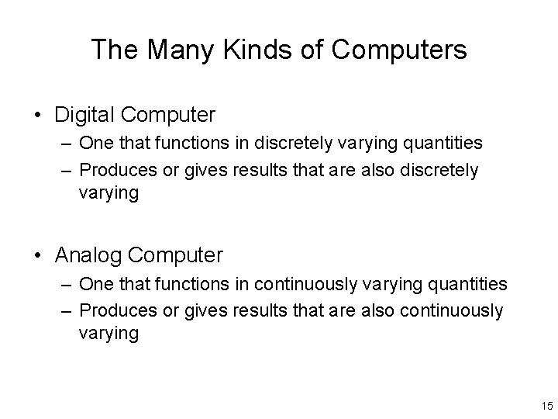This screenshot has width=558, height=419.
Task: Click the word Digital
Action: pyautogui.click(x=84, y=116)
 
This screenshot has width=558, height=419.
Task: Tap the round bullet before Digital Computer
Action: pyautogui.click(x=39, y=116)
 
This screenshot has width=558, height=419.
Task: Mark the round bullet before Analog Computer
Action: pyautogui.click(x=39, y=255)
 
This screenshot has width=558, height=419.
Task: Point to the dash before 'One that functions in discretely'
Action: pyautogui.click(x=65, y=144)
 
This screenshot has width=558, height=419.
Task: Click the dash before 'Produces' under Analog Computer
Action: pyautogui.click(x=65, y=311)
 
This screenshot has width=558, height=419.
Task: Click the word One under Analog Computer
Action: pyautogui.click(x=95, y=285)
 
